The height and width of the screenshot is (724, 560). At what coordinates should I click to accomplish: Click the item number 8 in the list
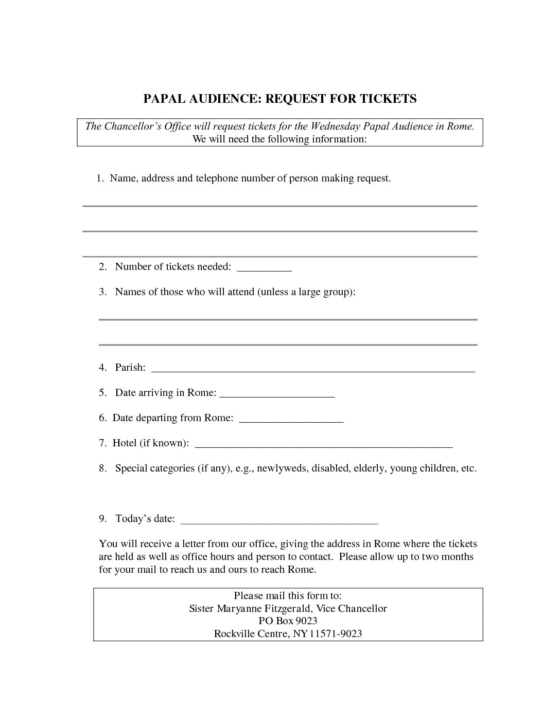pos(102,468)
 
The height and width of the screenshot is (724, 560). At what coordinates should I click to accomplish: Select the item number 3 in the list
pos(102,292)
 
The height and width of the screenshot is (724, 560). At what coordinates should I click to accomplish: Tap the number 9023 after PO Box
pos(306,621)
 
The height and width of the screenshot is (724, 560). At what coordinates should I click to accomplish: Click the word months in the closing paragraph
pos(457,557)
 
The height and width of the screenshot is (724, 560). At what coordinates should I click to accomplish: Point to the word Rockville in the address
pos(235,633)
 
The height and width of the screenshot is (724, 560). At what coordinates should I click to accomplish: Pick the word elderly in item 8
pos(369,468)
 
